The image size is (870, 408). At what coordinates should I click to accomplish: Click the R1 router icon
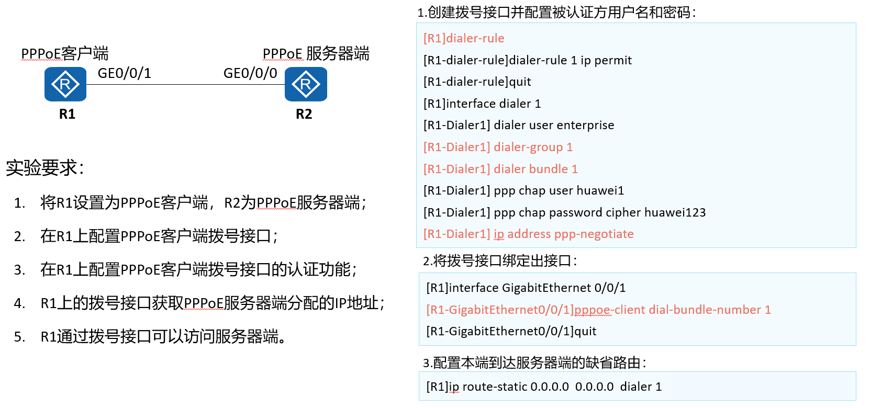click(x=65, y=84)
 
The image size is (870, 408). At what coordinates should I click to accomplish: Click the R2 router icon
click(x=306, y=84)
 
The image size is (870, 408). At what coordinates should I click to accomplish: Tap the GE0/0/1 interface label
click(x=124, y=73)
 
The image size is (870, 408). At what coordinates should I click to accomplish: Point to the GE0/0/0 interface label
click(x=250, y=73)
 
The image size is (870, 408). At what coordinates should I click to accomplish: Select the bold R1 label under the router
click(x=67, y=114)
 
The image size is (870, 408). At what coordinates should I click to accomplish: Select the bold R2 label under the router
click(x=304, y=114)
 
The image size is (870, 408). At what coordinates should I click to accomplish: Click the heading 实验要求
click(x=44, y=168)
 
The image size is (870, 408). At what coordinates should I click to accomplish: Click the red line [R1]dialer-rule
click(x=464, y=38)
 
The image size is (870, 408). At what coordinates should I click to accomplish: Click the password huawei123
click(x=675, y=212)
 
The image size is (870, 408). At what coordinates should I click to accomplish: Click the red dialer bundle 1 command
click(x=500, y=169)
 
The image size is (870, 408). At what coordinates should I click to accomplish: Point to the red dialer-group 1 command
click(x=498, y=147)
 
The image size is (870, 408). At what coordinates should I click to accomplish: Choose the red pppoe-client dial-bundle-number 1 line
click(x=598, y=310)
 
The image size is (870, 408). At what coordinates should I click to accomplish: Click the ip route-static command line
click(x=544, y=387)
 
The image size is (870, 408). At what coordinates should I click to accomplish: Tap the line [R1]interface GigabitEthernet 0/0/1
click(x=526, y=288)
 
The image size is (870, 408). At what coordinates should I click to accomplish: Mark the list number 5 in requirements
click(x=19, y=336)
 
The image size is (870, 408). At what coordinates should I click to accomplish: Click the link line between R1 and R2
click(x=186, y=84)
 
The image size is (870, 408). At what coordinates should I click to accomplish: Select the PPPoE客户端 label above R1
click(x=65, y=53)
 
